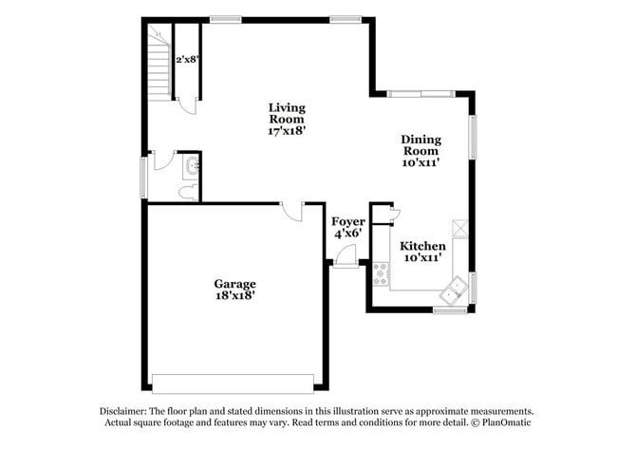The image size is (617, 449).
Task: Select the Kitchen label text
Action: coord(422,246)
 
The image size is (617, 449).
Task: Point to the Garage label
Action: coord(234,283)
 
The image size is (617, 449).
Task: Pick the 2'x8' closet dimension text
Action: coord(187,59)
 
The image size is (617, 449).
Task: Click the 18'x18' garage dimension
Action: coord(234,295)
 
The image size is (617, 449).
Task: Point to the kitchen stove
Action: coord(381,274)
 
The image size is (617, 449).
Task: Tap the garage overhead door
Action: coord(234,384)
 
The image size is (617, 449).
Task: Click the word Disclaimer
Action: coord(125,411)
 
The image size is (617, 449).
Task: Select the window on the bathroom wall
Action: coord(144,177)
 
